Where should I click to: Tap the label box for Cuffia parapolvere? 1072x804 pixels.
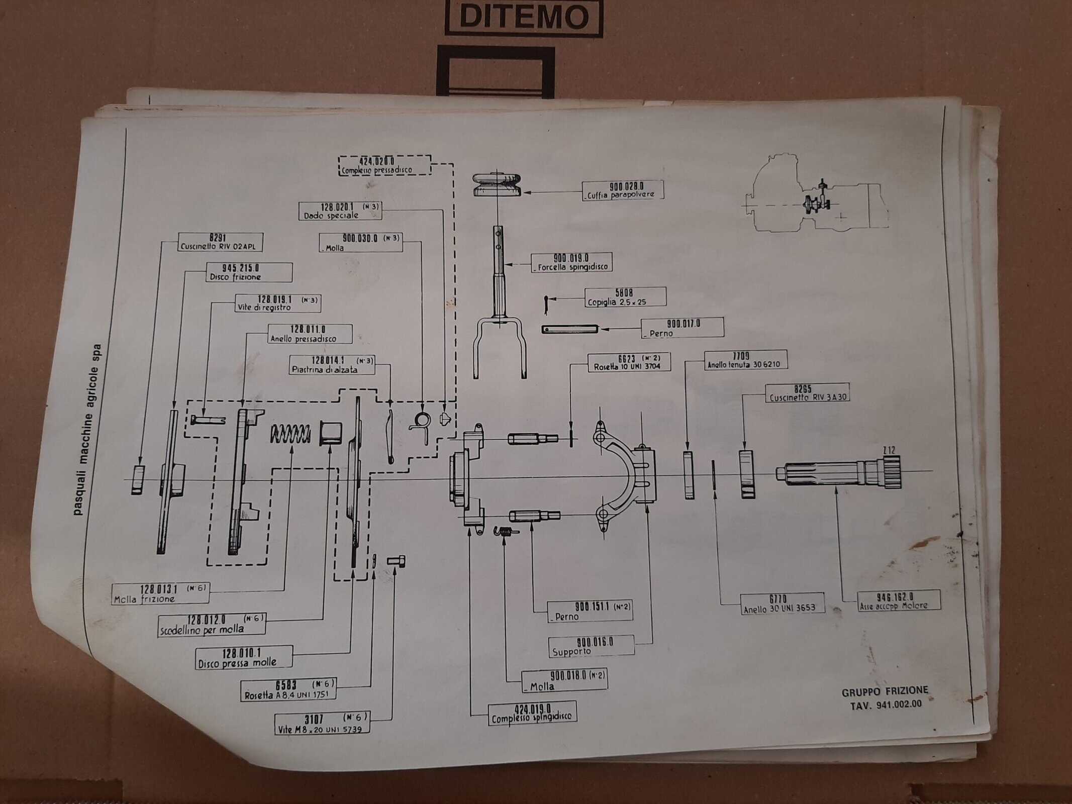[x=623, y=190]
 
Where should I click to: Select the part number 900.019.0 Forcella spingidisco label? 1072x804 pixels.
[x=571, y=262]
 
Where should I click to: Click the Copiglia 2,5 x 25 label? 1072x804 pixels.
[x=625, y=297]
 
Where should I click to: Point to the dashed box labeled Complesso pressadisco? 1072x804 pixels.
[x=384, y=165]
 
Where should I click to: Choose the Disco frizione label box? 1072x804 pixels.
[x=249, y=272]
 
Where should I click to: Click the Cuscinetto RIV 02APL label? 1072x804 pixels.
[x=220, y=242]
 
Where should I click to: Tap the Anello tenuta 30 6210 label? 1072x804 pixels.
[x=745, y=360]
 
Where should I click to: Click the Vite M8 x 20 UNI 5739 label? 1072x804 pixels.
[x=322, y=724]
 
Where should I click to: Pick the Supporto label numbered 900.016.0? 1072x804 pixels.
[x=591, y=647]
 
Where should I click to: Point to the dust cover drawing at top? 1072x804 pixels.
[x=497, y=184]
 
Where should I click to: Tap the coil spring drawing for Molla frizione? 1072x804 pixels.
[x=290, y=434]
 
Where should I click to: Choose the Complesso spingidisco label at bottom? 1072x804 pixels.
[x=532, y=713]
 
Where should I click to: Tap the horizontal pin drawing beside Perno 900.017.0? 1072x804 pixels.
[x=570, y=329]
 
